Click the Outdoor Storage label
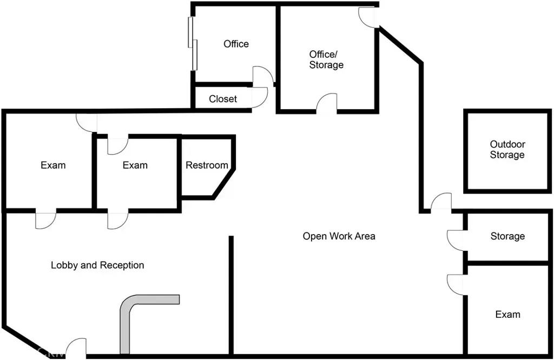507,150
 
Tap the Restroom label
207,165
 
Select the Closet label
223,99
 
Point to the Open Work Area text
339,236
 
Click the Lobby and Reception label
97,265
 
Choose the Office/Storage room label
326,59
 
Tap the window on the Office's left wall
193,43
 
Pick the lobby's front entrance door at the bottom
76,348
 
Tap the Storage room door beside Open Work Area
456,240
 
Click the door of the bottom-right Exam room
456,284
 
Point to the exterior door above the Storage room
441,202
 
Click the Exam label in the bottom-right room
508,315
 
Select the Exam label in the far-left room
53,165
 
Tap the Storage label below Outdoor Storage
507,236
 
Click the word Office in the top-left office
236,44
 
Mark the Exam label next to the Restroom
135,165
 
